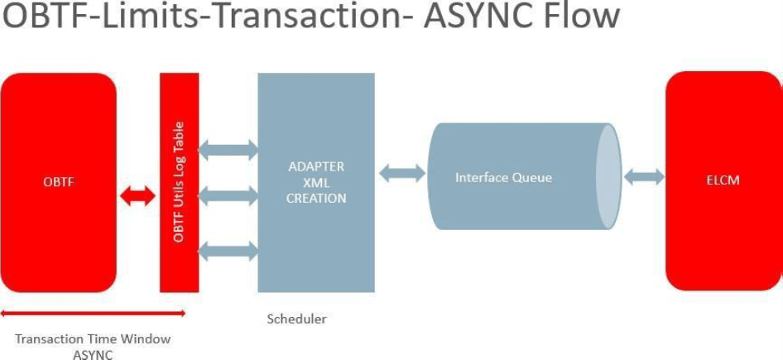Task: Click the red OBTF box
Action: (58, 182)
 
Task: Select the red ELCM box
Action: (723, 180)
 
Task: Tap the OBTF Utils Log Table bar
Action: (179, 182)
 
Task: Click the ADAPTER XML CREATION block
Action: (315, 182)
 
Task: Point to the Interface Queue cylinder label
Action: (502, 178)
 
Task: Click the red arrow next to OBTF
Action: (137, 196)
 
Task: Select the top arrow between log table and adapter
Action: (228, 150)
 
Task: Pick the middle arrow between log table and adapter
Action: (228, 196)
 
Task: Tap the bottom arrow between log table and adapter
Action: (228, 249)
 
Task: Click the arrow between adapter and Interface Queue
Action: (402, 174)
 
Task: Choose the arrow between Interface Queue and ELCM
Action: (644, 177)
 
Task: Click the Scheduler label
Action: (296, 319)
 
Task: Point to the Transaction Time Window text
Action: (93, 339)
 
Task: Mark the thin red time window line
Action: (93, 313)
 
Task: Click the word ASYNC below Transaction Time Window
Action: (93, 354)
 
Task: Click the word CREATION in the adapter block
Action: (315, 199)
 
